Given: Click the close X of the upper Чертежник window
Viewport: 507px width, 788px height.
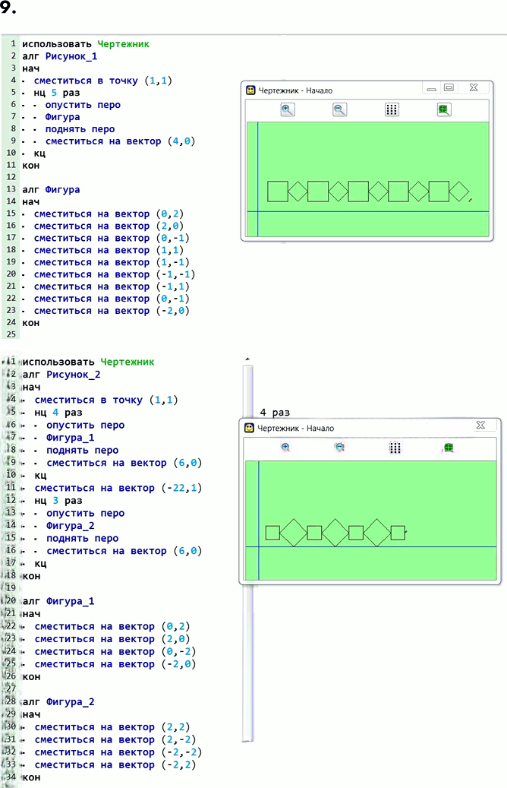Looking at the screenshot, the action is [474, 87].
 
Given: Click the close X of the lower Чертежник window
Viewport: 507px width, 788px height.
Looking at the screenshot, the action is [480, 426].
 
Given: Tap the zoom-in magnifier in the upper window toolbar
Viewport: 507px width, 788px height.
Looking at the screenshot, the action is [288, 109].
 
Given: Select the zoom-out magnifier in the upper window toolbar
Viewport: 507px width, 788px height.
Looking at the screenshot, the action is [340, 109].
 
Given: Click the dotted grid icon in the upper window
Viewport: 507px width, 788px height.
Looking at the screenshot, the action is [392, 109].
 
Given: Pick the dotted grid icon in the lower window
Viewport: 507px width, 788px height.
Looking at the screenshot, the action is [395, 448].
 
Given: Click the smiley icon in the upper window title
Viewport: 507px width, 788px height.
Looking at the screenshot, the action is [250, 90].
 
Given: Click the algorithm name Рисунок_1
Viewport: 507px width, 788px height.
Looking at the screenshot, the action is [71, 56].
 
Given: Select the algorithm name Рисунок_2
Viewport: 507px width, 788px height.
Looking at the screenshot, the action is [74, 375].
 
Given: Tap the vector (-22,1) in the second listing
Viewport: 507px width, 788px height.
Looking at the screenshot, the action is [181, 488].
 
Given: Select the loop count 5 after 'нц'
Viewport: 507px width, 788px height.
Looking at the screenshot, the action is [54, 93].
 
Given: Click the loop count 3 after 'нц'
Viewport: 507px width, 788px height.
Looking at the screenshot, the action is [55, 501].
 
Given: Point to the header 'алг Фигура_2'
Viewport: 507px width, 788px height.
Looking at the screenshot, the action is [58, 701].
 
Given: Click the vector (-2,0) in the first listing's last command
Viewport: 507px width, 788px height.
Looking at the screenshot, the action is [173, 311].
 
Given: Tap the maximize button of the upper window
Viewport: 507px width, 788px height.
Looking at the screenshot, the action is [449, 87].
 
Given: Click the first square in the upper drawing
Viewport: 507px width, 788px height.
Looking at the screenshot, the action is [278, 191].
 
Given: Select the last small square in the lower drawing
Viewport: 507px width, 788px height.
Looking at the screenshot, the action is [398, 533].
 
